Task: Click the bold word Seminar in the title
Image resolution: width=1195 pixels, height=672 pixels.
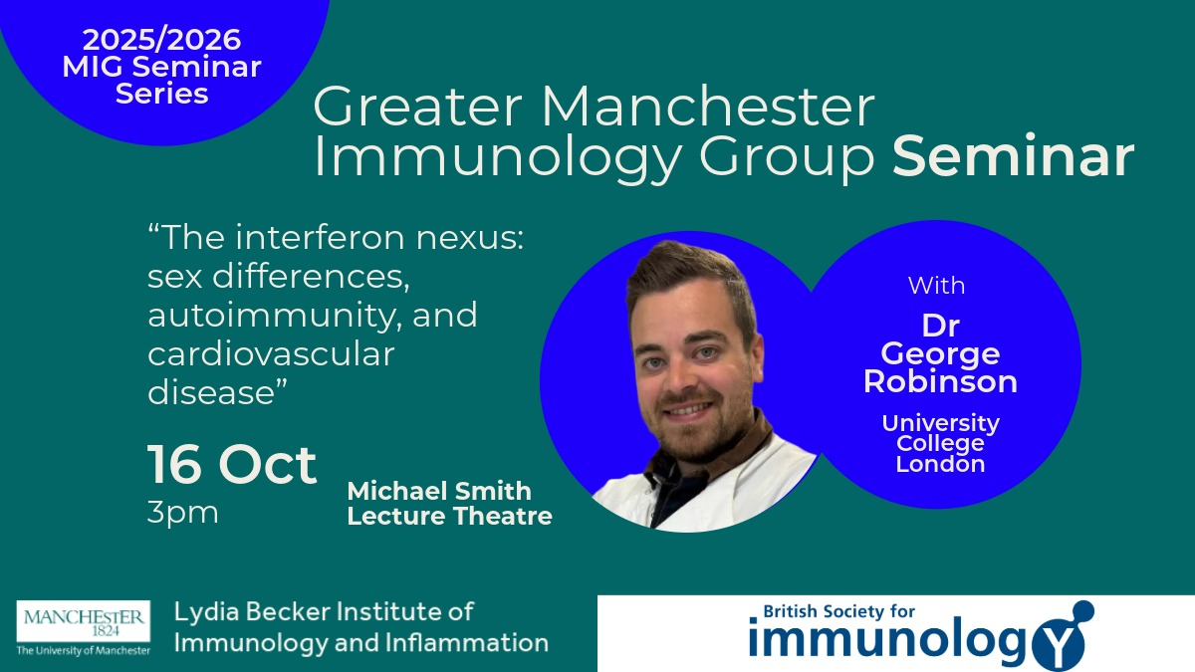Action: (1014, 156)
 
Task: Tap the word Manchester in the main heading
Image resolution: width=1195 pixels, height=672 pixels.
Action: (708, 107)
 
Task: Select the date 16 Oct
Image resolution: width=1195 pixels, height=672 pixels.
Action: (232, 464)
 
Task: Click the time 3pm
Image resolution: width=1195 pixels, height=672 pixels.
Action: (182, 514)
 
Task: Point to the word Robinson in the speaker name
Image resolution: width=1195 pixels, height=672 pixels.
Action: (940, 381)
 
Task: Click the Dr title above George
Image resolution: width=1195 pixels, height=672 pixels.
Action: (940, 326)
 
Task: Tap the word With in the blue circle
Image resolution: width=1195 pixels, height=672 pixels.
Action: (936, 286)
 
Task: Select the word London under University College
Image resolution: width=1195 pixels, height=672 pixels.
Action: (940, 464)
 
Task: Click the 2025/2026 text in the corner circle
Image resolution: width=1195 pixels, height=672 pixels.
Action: (161, 40)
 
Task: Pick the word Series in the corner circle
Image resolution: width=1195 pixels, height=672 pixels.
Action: (161, 94)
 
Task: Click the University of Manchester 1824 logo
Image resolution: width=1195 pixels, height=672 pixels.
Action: (84, 628)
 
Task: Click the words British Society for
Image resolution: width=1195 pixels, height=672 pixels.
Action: (839, 611)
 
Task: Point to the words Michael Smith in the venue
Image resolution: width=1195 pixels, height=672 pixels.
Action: (439, 491)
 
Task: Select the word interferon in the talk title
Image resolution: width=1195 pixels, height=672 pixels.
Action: (320, 237)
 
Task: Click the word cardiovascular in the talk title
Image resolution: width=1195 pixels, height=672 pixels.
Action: (271, 354)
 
